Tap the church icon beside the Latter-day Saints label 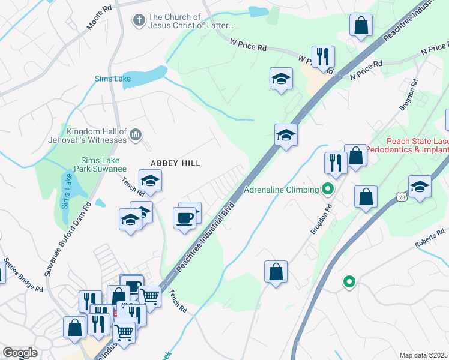pos(139,21)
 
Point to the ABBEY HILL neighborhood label pos(175,163)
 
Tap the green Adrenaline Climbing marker pos(327,190)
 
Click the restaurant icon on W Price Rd pos(323,56)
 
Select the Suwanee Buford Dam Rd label pos(67,238)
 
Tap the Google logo pos(20,353)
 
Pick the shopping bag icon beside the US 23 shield pos(366,197)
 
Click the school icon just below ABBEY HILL pos(151,181)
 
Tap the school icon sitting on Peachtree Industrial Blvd pos(286,135)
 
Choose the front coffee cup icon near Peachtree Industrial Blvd pos(185,217)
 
